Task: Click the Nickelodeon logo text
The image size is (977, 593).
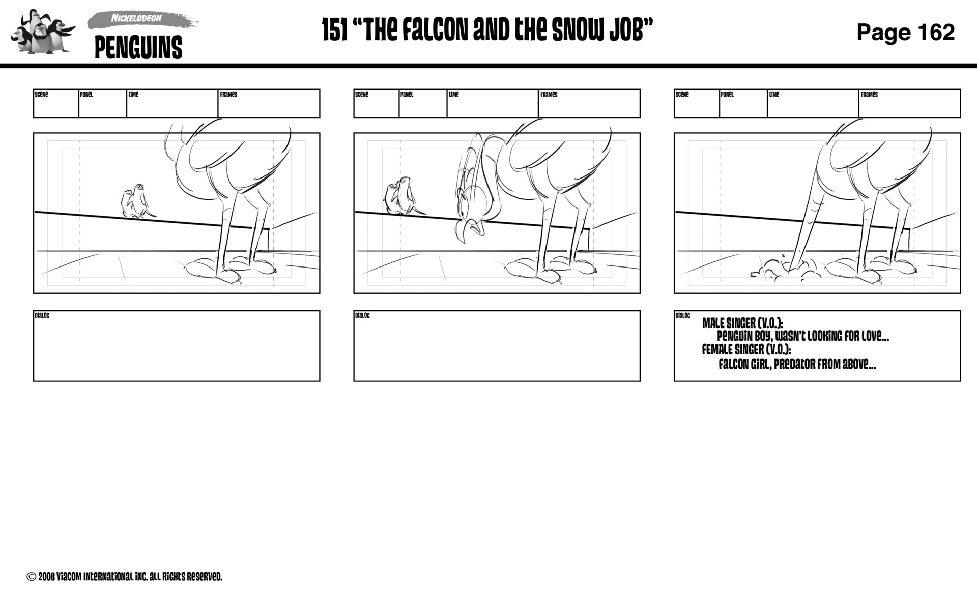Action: tap(136, 18)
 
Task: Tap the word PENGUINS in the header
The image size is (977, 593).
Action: tap(138, 48)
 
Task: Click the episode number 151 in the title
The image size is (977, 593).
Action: tap(335, 31)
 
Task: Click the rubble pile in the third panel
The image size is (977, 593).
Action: tap(786, 270)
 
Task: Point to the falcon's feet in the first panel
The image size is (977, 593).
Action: tap(232, 270)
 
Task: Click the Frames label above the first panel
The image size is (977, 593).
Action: tap(228, 95)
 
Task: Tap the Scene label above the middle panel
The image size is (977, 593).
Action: tap(361, 95)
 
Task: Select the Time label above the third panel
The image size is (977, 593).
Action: tap(774, 95)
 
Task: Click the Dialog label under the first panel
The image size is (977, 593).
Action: tap(42, 316)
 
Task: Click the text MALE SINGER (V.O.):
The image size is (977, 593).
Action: tap(742, 323)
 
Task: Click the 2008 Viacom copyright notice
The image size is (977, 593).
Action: tap(125, 577)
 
